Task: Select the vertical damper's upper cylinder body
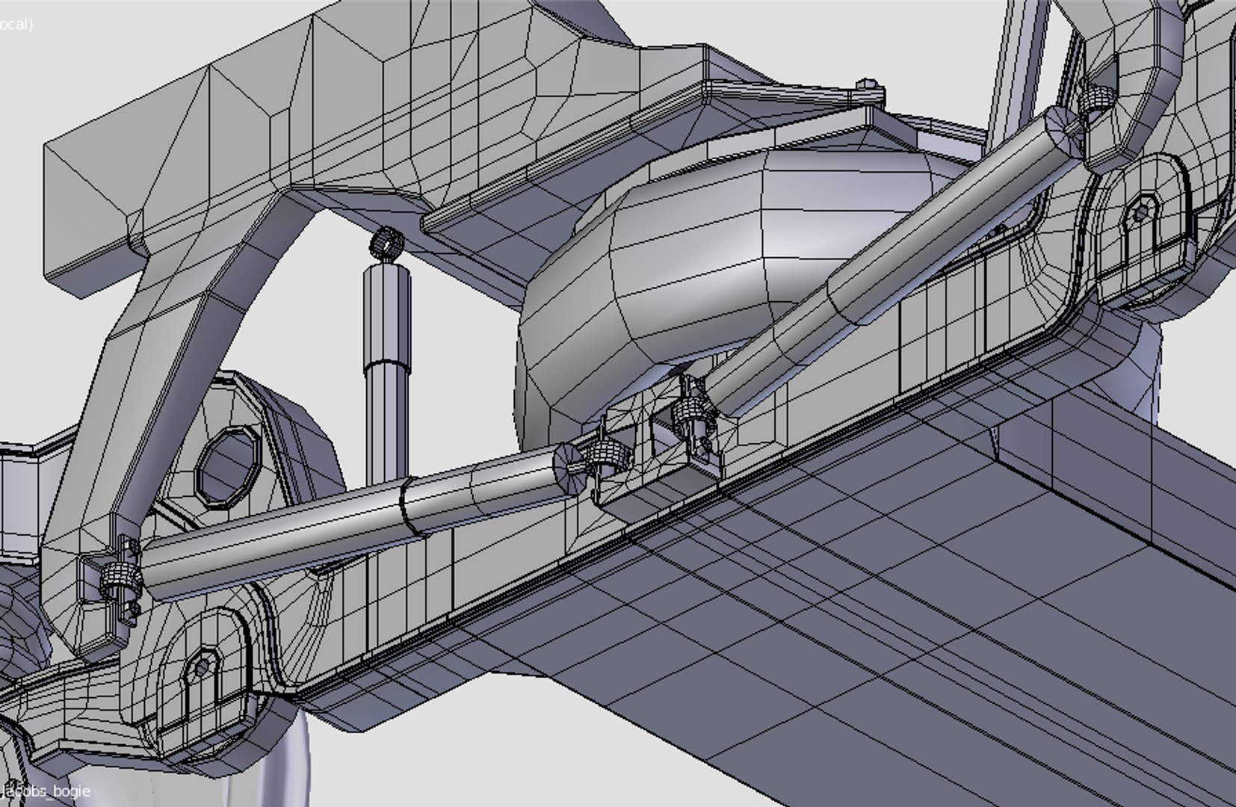[x=387, y=314]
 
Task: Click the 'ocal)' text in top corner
[x=15, y=24]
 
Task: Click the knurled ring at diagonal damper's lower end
[x=691, y=410]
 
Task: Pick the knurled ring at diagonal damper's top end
[x=1095, y=97]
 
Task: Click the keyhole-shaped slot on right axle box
[x=1140, y=214]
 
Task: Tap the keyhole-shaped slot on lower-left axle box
[x=203, y=667]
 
